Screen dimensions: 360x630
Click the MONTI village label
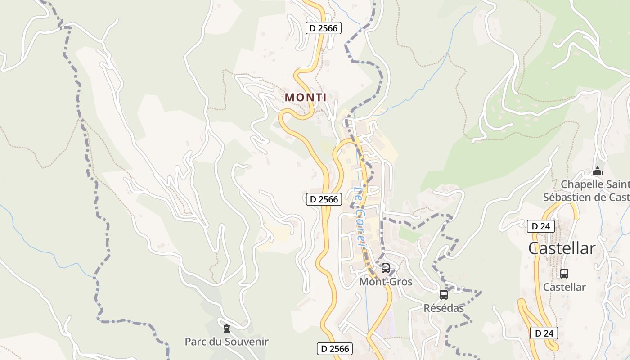point(306,97)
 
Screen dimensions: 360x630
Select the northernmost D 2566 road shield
point(324,28)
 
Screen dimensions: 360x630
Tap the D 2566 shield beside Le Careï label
point(324,199)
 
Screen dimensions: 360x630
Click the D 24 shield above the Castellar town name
point(540,226)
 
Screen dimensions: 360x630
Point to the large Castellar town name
point(562,248)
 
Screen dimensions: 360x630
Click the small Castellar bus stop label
point(564,287)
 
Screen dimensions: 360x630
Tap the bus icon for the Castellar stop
point(564,273)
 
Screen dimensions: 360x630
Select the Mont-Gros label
point(386,282)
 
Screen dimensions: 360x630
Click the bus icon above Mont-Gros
point(386,268)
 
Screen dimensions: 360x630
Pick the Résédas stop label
point(444,308)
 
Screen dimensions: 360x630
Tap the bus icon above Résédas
point(444,295)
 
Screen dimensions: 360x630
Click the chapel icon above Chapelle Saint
point(598,171)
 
